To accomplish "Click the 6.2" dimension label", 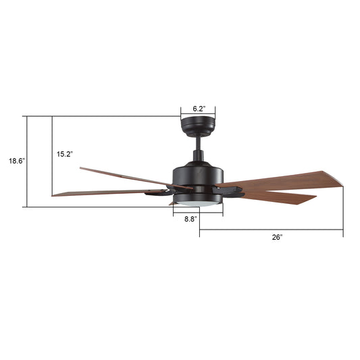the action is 199,109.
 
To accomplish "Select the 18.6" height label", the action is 16,161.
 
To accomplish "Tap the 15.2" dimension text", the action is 65,154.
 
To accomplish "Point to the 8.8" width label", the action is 190,219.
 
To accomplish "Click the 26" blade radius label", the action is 278,237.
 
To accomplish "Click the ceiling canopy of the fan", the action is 198,126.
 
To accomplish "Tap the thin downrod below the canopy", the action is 199,143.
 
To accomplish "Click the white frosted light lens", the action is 198,204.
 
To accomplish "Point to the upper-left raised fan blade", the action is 136,178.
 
